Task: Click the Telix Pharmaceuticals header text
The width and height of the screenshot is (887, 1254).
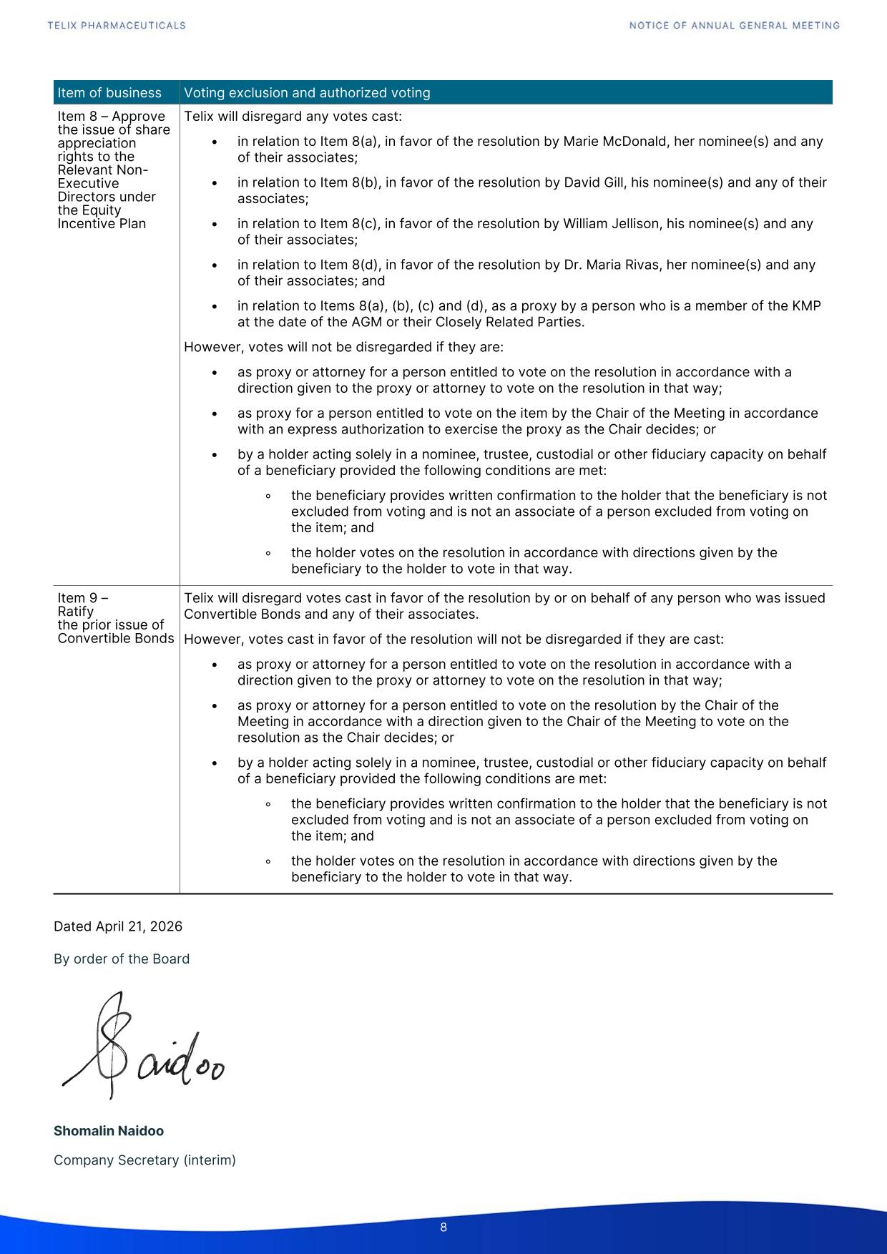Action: coord(117,26)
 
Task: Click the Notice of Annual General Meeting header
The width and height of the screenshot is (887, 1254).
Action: coord(735,26)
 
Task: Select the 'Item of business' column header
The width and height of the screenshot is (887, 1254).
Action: coord(109,93)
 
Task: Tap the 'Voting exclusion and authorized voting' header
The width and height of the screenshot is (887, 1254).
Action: coord(307,93)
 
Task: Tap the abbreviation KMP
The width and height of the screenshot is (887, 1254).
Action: coord(807,306)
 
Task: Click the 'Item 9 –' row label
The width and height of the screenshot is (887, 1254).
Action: coord(83,598)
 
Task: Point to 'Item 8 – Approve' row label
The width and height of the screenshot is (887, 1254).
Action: coord(111,117)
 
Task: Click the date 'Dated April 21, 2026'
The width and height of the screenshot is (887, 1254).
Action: coord(118,926)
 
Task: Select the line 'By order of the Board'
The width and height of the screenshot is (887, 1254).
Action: coord(122,959)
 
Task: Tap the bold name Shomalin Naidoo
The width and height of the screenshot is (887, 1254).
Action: coord(109,1131)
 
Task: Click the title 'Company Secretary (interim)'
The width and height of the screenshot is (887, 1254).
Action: coord(144,1160)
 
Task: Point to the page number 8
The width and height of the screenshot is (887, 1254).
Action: coord(443,1228)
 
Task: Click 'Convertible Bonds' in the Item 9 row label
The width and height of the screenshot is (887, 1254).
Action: coord(116,638)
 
